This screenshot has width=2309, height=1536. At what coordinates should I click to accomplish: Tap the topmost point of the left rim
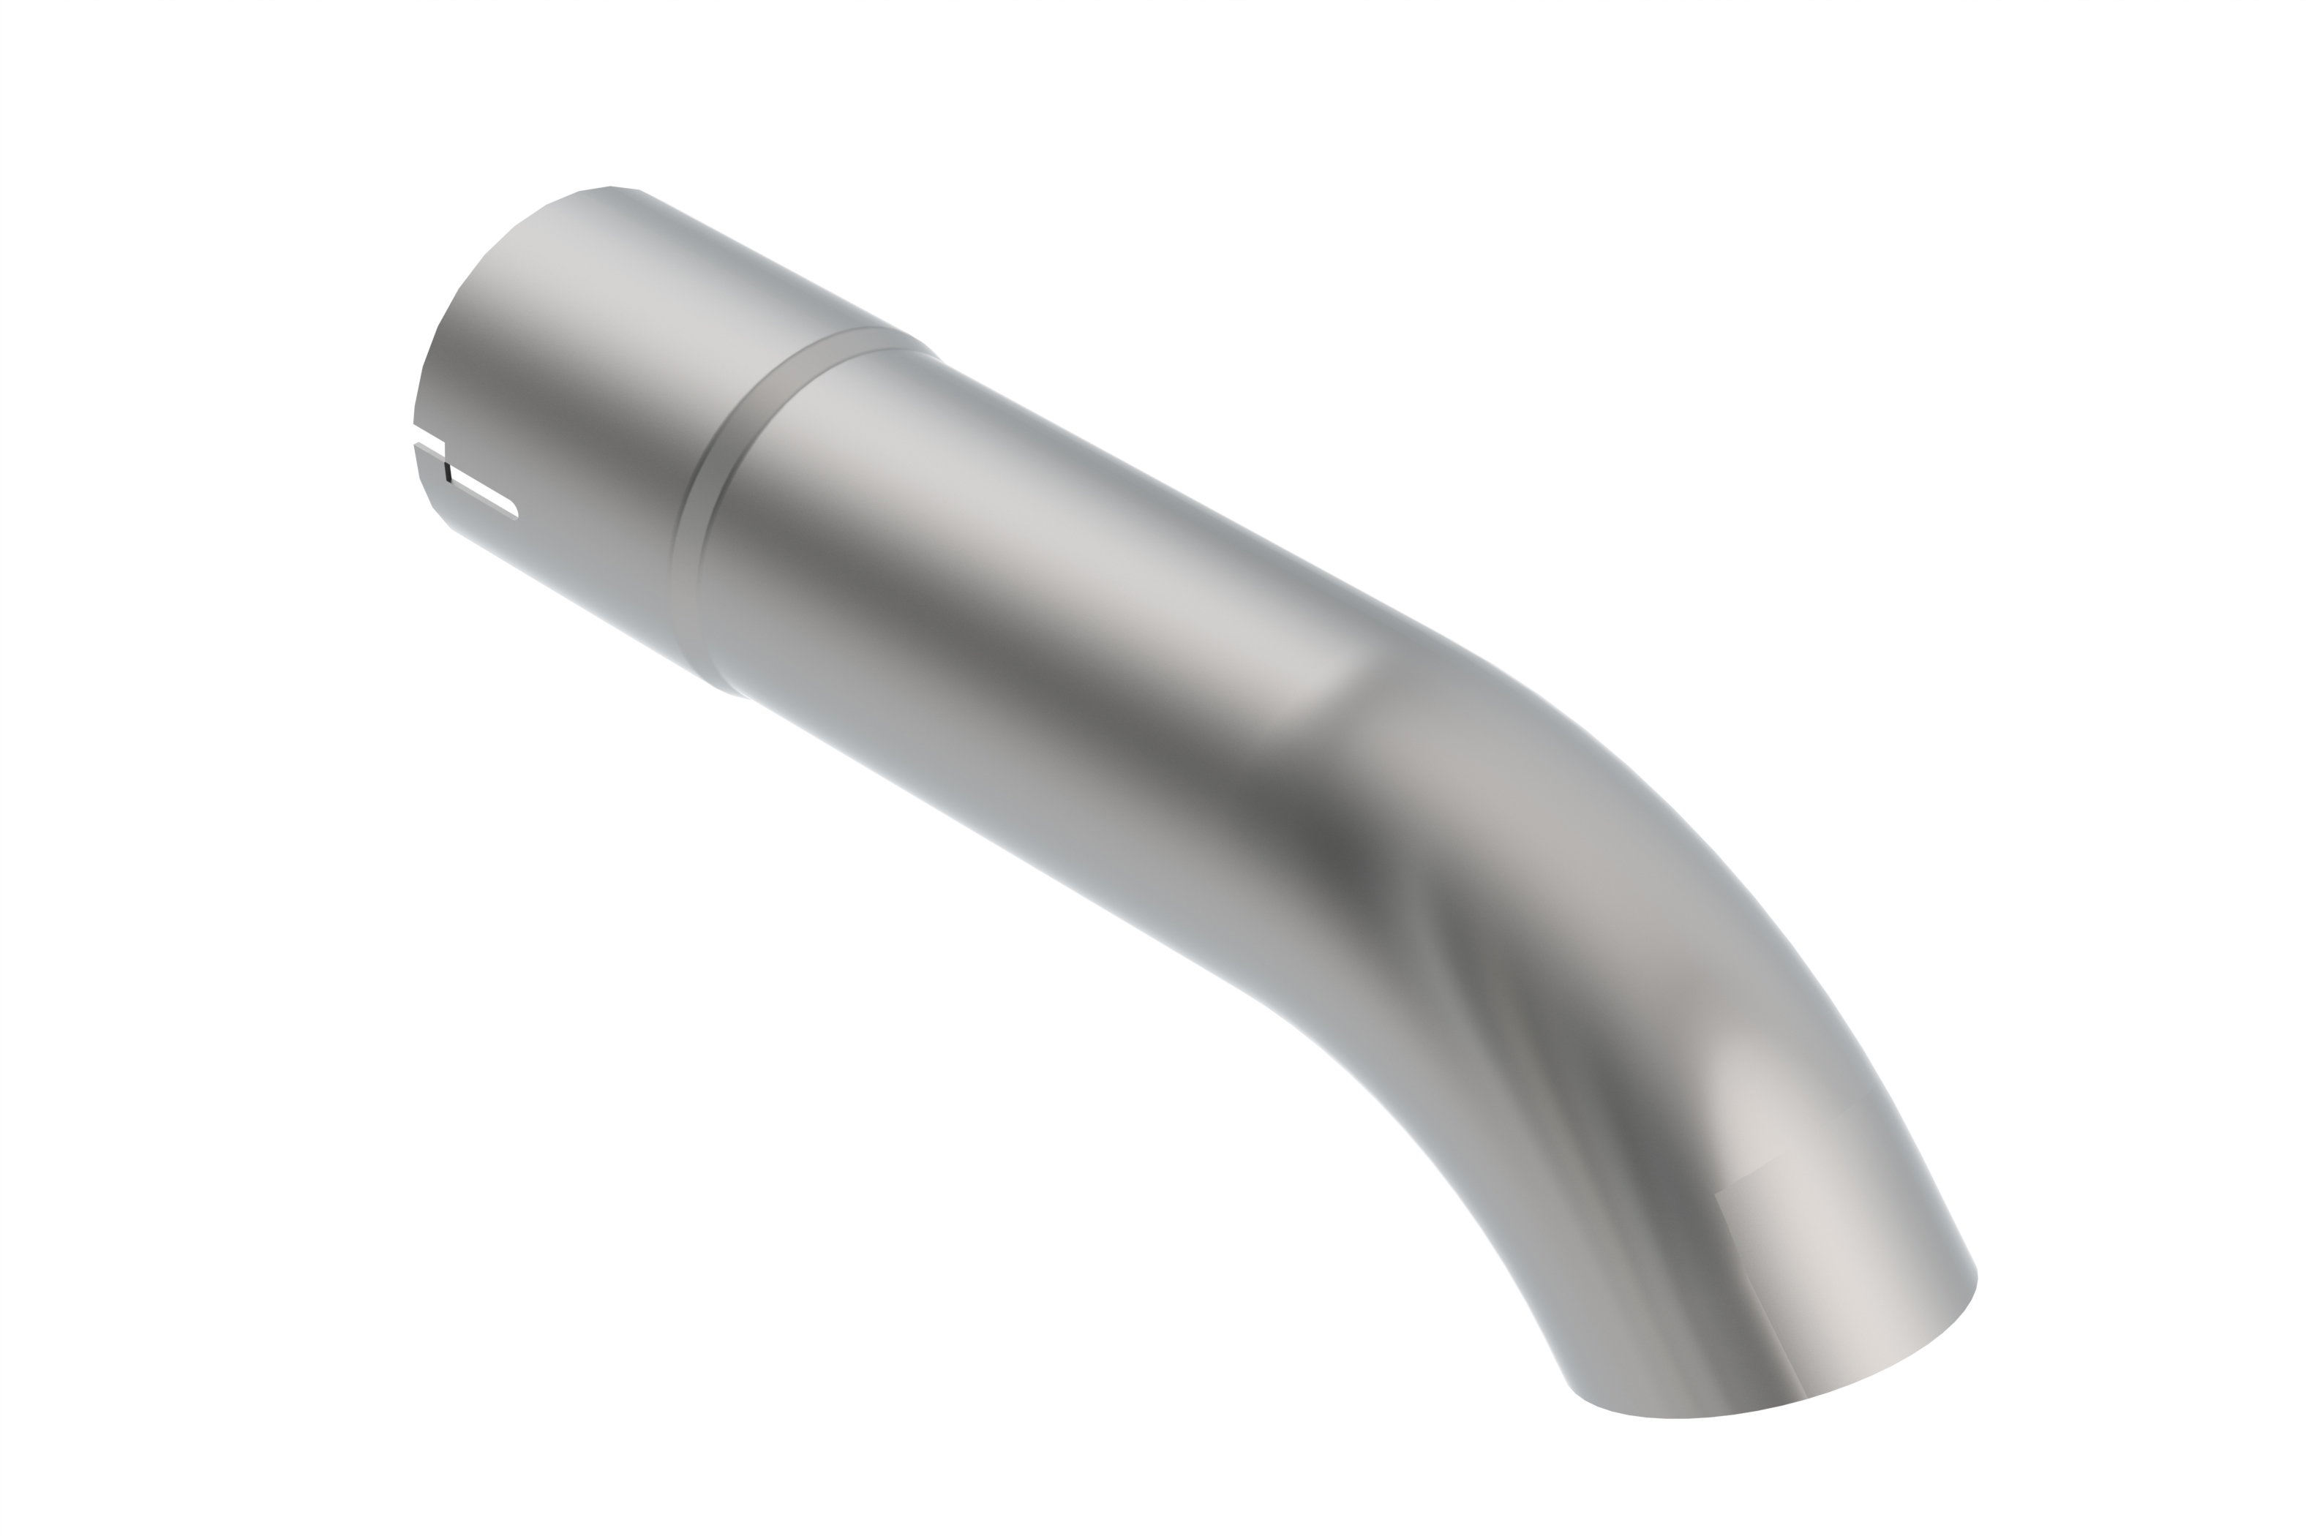609,186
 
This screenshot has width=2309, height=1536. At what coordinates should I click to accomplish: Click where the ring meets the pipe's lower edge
730,690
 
